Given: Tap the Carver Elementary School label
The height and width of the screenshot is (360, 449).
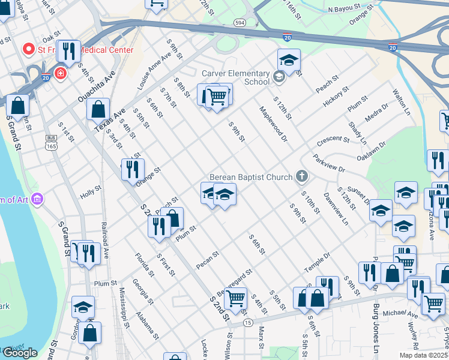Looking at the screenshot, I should click(x=235, y=77).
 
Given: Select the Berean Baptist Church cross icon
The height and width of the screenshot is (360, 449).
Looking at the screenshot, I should click(x=302, y=176).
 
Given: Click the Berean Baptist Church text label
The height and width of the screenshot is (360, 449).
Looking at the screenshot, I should click(x=250, y=177).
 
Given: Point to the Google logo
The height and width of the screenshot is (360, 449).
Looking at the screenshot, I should click(x=20, y=353).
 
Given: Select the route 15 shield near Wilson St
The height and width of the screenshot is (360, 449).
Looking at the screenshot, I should click(x=248, y=323).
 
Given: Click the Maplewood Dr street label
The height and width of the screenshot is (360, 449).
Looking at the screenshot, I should click(x=274, y=124).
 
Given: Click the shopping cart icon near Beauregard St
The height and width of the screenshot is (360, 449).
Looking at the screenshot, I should click(x=235, y=296).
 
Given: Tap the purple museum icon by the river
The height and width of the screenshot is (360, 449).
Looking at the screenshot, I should click(x=37, y=198).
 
